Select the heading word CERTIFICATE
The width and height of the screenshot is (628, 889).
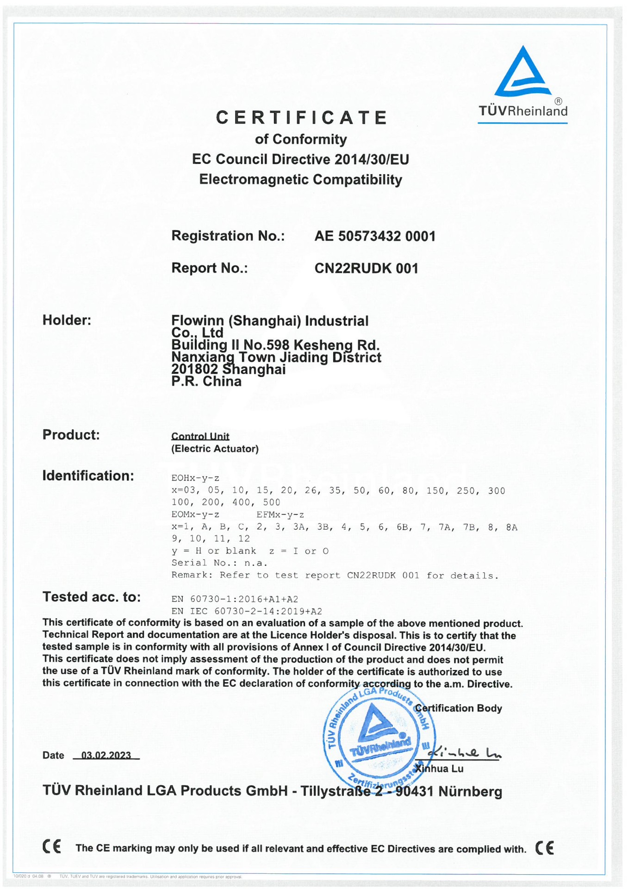click(301, 118)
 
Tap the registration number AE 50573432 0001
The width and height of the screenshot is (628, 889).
click(375, 236)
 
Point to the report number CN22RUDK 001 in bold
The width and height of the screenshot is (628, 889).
click(366, 269)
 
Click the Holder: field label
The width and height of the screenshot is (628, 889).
click(67, 320)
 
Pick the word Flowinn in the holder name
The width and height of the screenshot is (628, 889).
click(198, 320)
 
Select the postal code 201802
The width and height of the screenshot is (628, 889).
click(194, 369)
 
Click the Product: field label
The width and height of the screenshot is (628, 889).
click(71, 435)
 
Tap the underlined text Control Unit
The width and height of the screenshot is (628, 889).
click(200, 436)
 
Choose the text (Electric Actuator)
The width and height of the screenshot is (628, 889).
click(215, 449)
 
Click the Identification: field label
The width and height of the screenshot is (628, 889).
click(88, 476)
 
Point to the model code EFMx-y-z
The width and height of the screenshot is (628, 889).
click(280, 515)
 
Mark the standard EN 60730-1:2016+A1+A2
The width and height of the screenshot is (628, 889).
click(235, 599)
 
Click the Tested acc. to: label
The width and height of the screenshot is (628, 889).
click(92, 597)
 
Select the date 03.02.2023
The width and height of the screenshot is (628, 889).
click(106, 755)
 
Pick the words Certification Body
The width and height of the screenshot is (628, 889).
click(458, 708)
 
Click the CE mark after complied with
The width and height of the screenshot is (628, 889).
click(544, 848)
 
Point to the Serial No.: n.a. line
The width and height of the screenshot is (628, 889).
click(219, 563)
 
